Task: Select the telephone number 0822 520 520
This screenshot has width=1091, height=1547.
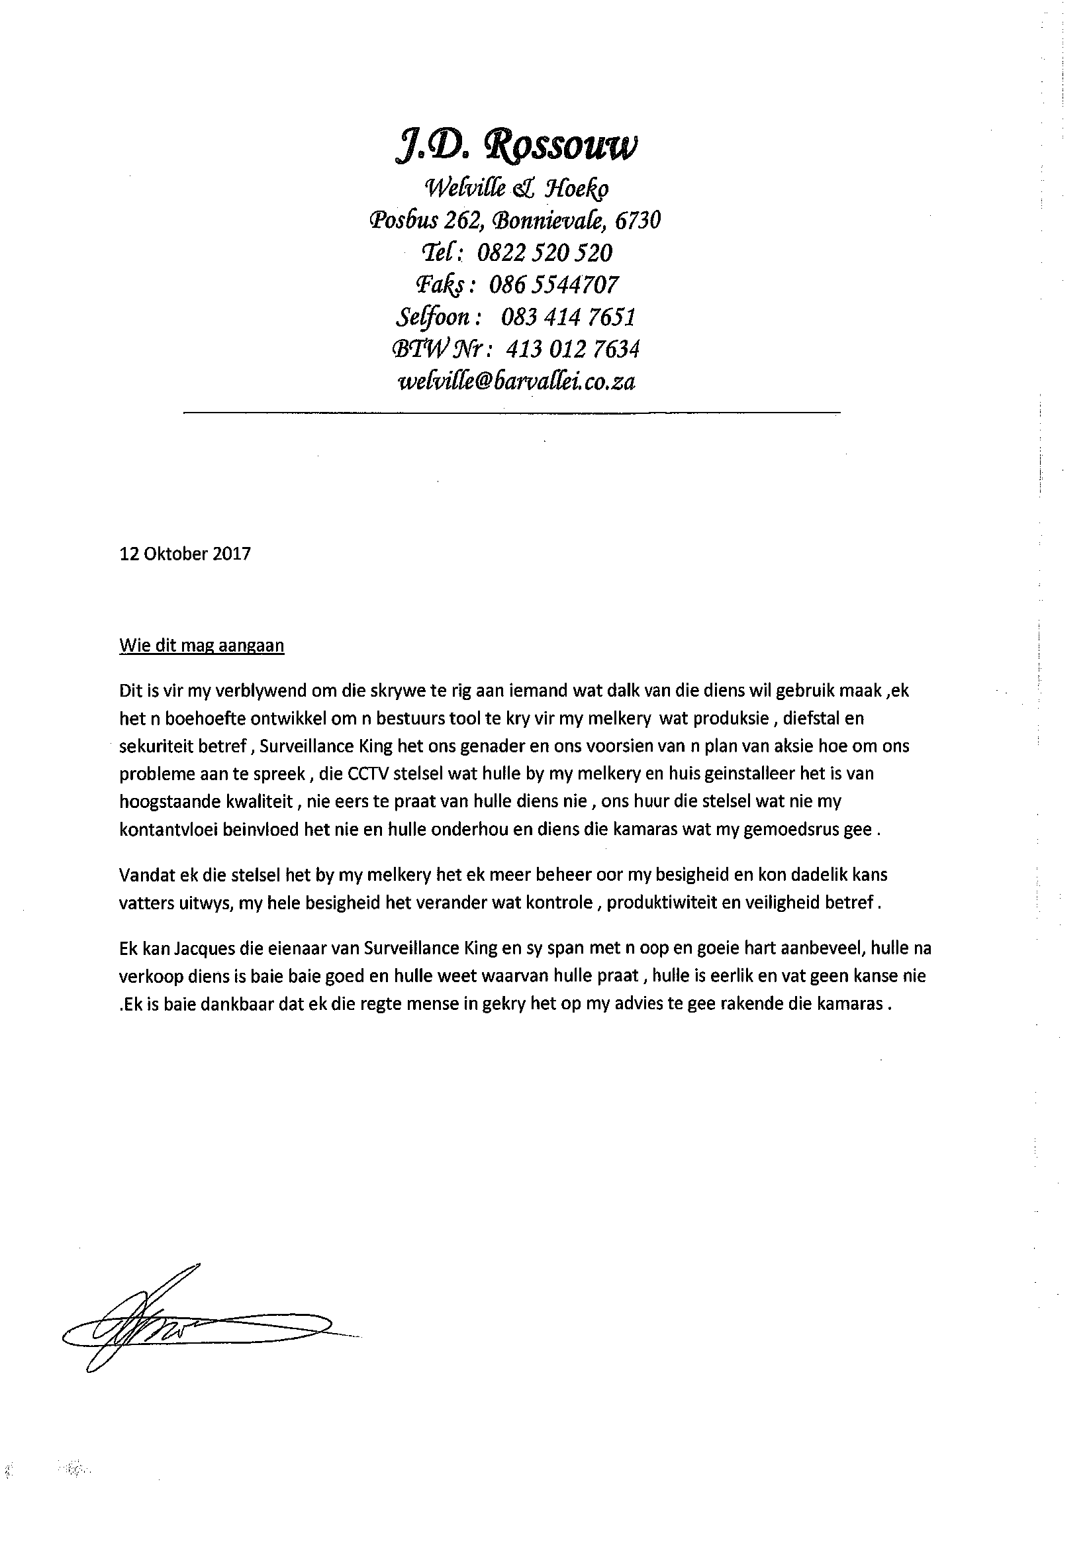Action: pos(544,253)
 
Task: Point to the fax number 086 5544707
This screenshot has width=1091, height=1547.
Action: pos(553,285)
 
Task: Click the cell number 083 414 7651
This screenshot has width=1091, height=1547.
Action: pos(569,317)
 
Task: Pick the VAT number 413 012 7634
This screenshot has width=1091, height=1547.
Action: pos(572,349)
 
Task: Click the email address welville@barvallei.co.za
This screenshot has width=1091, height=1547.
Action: pos(517,382)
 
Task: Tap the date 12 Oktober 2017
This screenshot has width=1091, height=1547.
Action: pos(185,554)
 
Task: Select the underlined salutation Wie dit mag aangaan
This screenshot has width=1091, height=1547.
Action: pos(202,646)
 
